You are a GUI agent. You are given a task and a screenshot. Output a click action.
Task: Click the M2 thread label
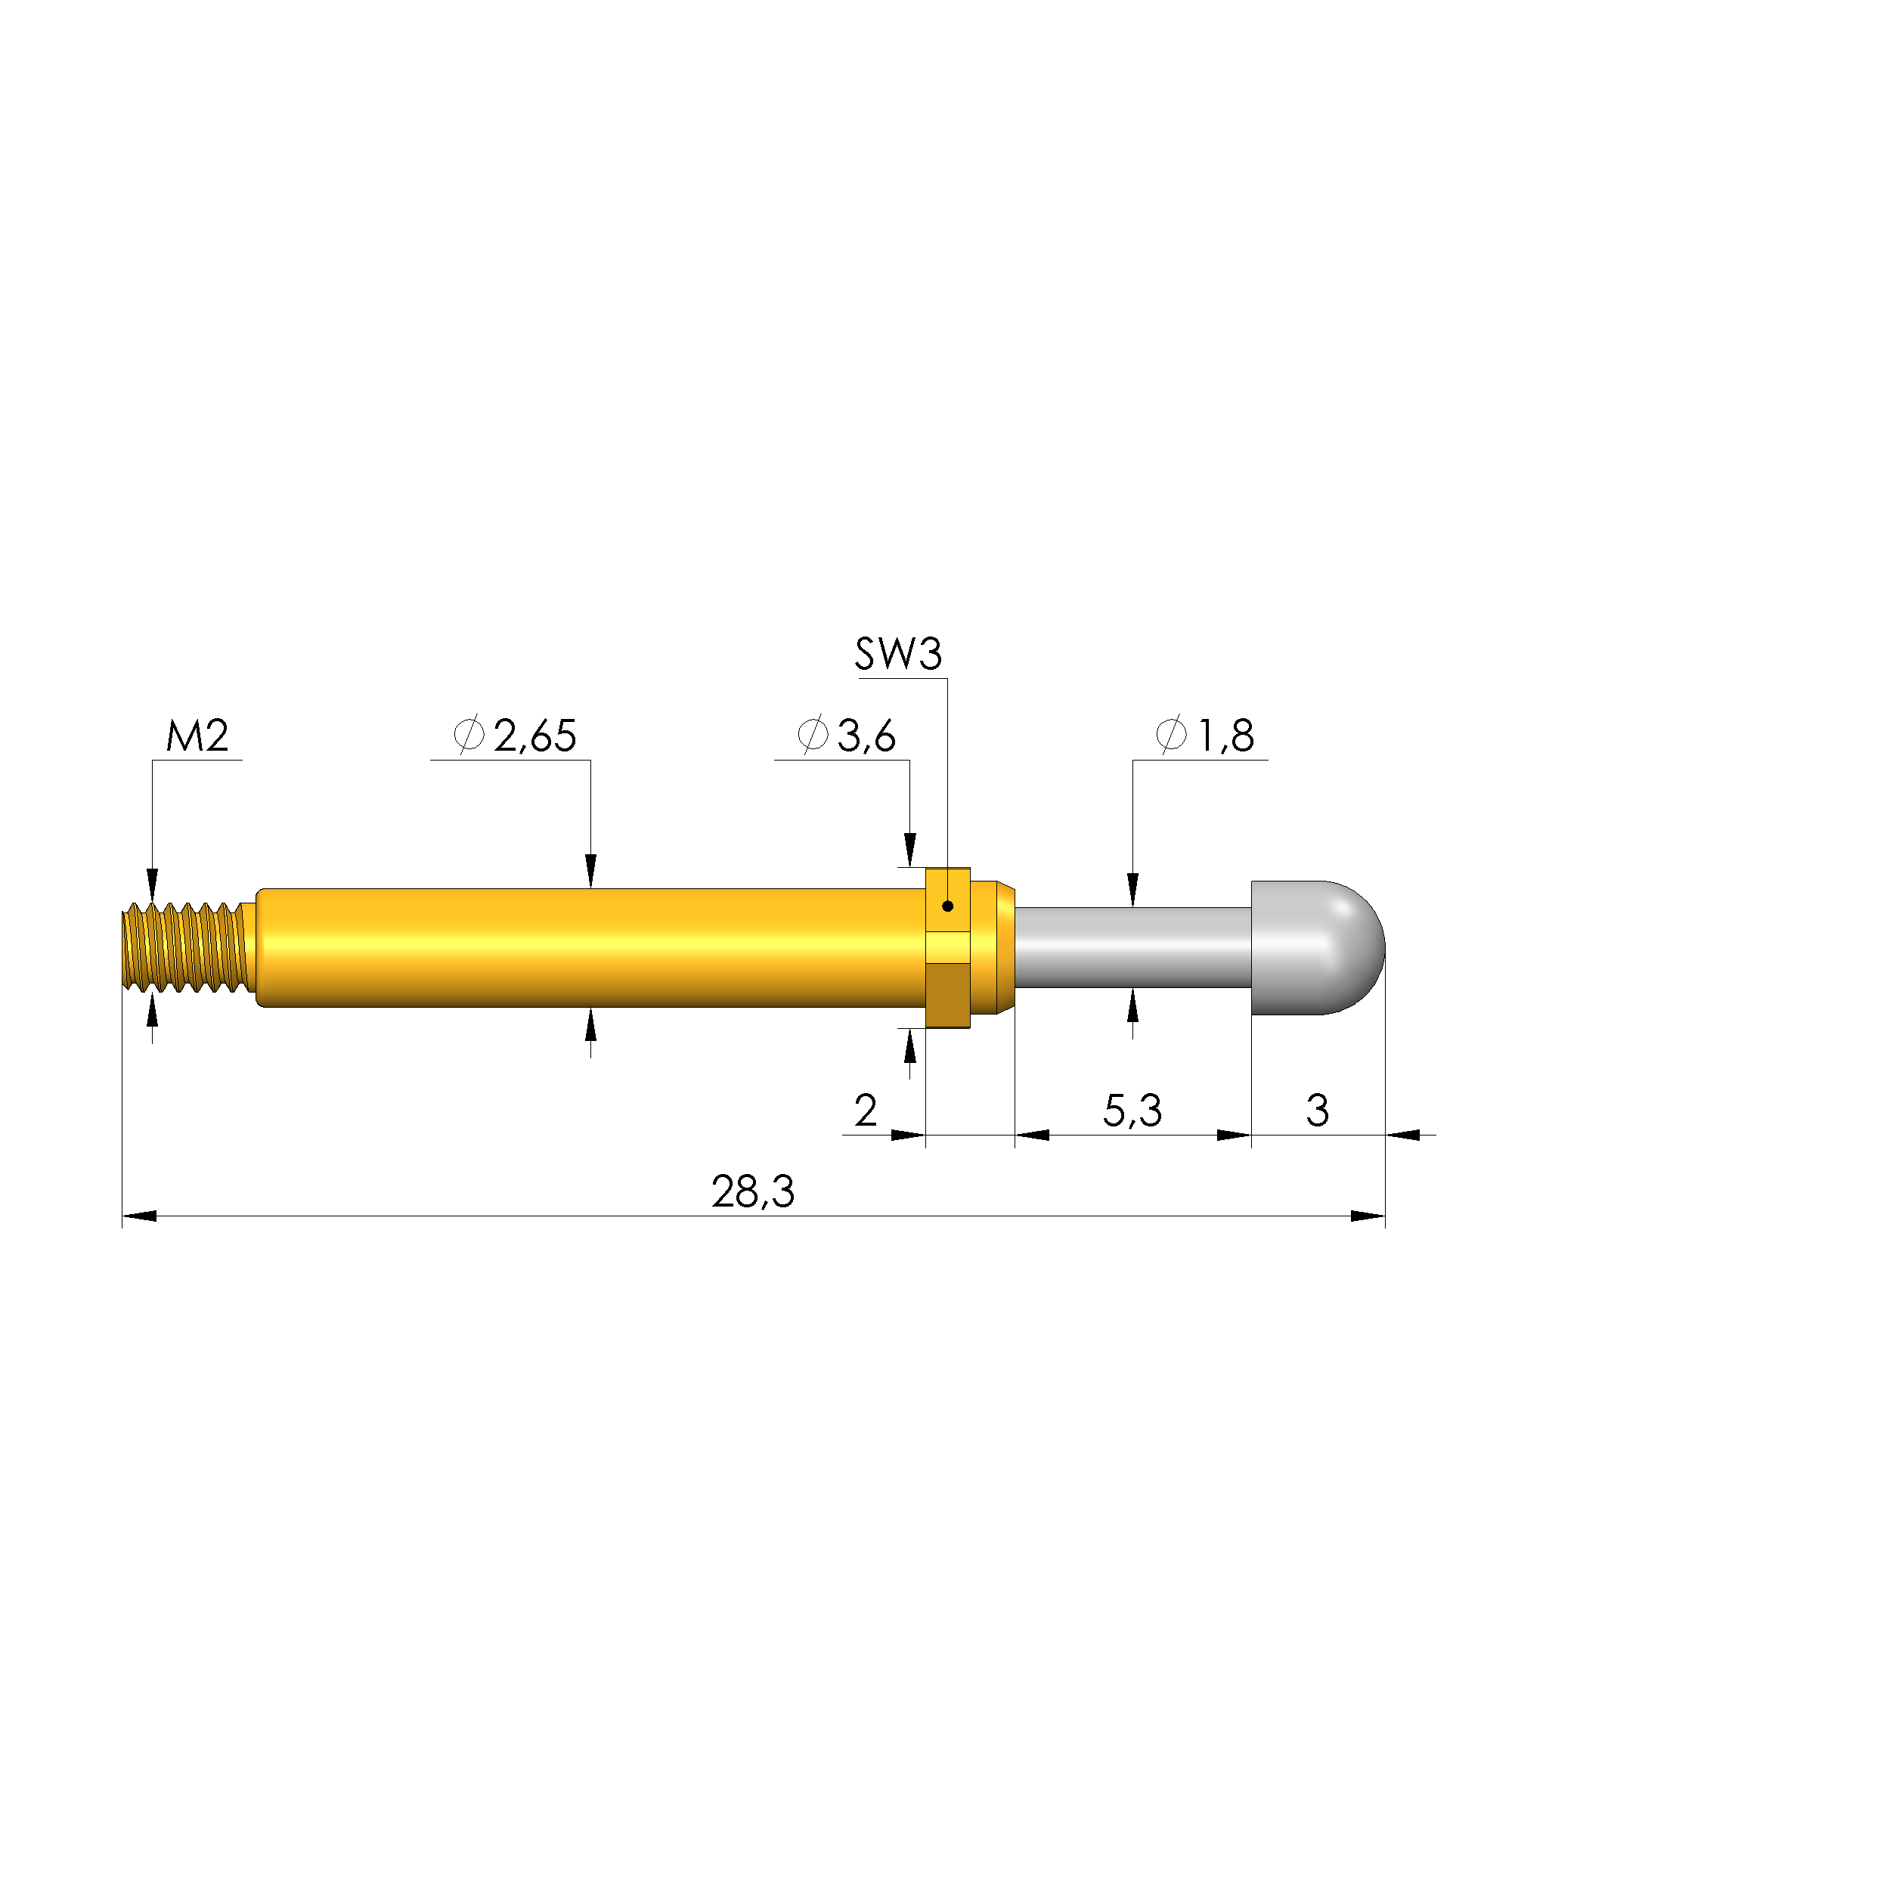[197, 735]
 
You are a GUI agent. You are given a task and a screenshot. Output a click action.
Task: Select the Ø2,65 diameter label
[516, 735]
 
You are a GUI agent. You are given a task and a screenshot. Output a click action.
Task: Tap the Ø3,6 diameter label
[847, 735]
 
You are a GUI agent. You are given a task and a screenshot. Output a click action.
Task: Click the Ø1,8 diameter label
[1205, 735]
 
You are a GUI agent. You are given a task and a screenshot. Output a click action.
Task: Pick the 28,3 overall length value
[752, 1191]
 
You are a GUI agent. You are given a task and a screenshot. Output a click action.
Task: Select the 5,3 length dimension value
[1132, 1110]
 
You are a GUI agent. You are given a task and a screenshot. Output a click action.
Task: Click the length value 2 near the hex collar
[865, 1110]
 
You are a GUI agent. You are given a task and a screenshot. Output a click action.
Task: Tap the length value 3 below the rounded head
[1317, 1110]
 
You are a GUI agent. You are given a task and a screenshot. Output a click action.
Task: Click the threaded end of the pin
[184, 947]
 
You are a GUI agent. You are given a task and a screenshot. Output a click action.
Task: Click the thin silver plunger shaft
[1132, 947]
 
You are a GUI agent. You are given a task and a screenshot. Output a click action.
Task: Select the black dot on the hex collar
[947, 906]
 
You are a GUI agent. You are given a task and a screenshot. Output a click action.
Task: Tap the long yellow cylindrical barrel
[588, 947]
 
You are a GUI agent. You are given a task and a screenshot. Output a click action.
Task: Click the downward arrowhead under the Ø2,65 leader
[591, 871]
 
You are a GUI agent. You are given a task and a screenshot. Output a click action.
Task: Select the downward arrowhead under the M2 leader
[152, 884]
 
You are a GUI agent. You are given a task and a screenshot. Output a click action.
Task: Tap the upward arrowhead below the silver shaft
[1132, 1006]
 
